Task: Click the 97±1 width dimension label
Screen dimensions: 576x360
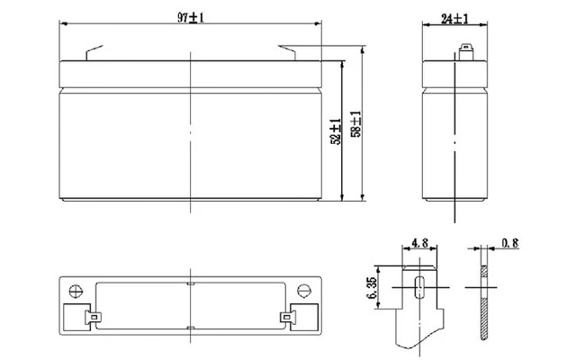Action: (191, 17)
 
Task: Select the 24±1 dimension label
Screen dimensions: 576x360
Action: (454, 18)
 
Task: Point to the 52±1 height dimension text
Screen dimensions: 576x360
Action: (336, 131)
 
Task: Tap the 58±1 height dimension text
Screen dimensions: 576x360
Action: (356, 124)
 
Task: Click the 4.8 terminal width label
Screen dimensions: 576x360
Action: (420, 243)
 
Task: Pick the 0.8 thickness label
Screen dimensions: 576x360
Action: (510, 243)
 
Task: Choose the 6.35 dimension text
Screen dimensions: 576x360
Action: (372, 288)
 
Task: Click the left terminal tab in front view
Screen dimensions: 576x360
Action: (94, 52)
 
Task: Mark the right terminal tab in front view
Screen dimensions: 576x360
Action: (287, 52)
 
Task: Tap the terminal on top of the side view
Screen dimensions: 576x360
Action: (466, 52)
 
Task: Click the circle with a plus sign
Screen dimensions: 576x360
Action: (76, 292)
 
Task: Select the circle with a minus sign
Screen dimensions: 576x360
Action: (304, 291)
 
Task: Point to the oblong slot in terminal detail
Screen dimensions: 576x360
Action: (419, 287)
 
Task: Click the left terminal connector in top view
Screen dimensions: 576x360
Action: (94, 317)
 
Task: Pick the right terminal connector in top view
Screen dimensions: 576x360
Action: (288, 317)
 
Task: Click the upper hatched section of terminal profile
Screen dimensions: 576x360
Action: (485, 271)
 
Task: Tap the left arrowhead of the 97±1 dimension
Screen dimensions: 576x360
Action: (64, 23)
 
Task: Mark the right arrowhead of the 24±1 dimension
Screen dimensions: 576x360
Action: (484, 25)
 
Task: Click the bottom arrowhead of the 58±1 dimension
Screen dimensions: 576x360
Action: (363, 197)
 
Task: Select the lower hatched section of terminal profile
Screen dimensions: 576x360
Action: (485, 319)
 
